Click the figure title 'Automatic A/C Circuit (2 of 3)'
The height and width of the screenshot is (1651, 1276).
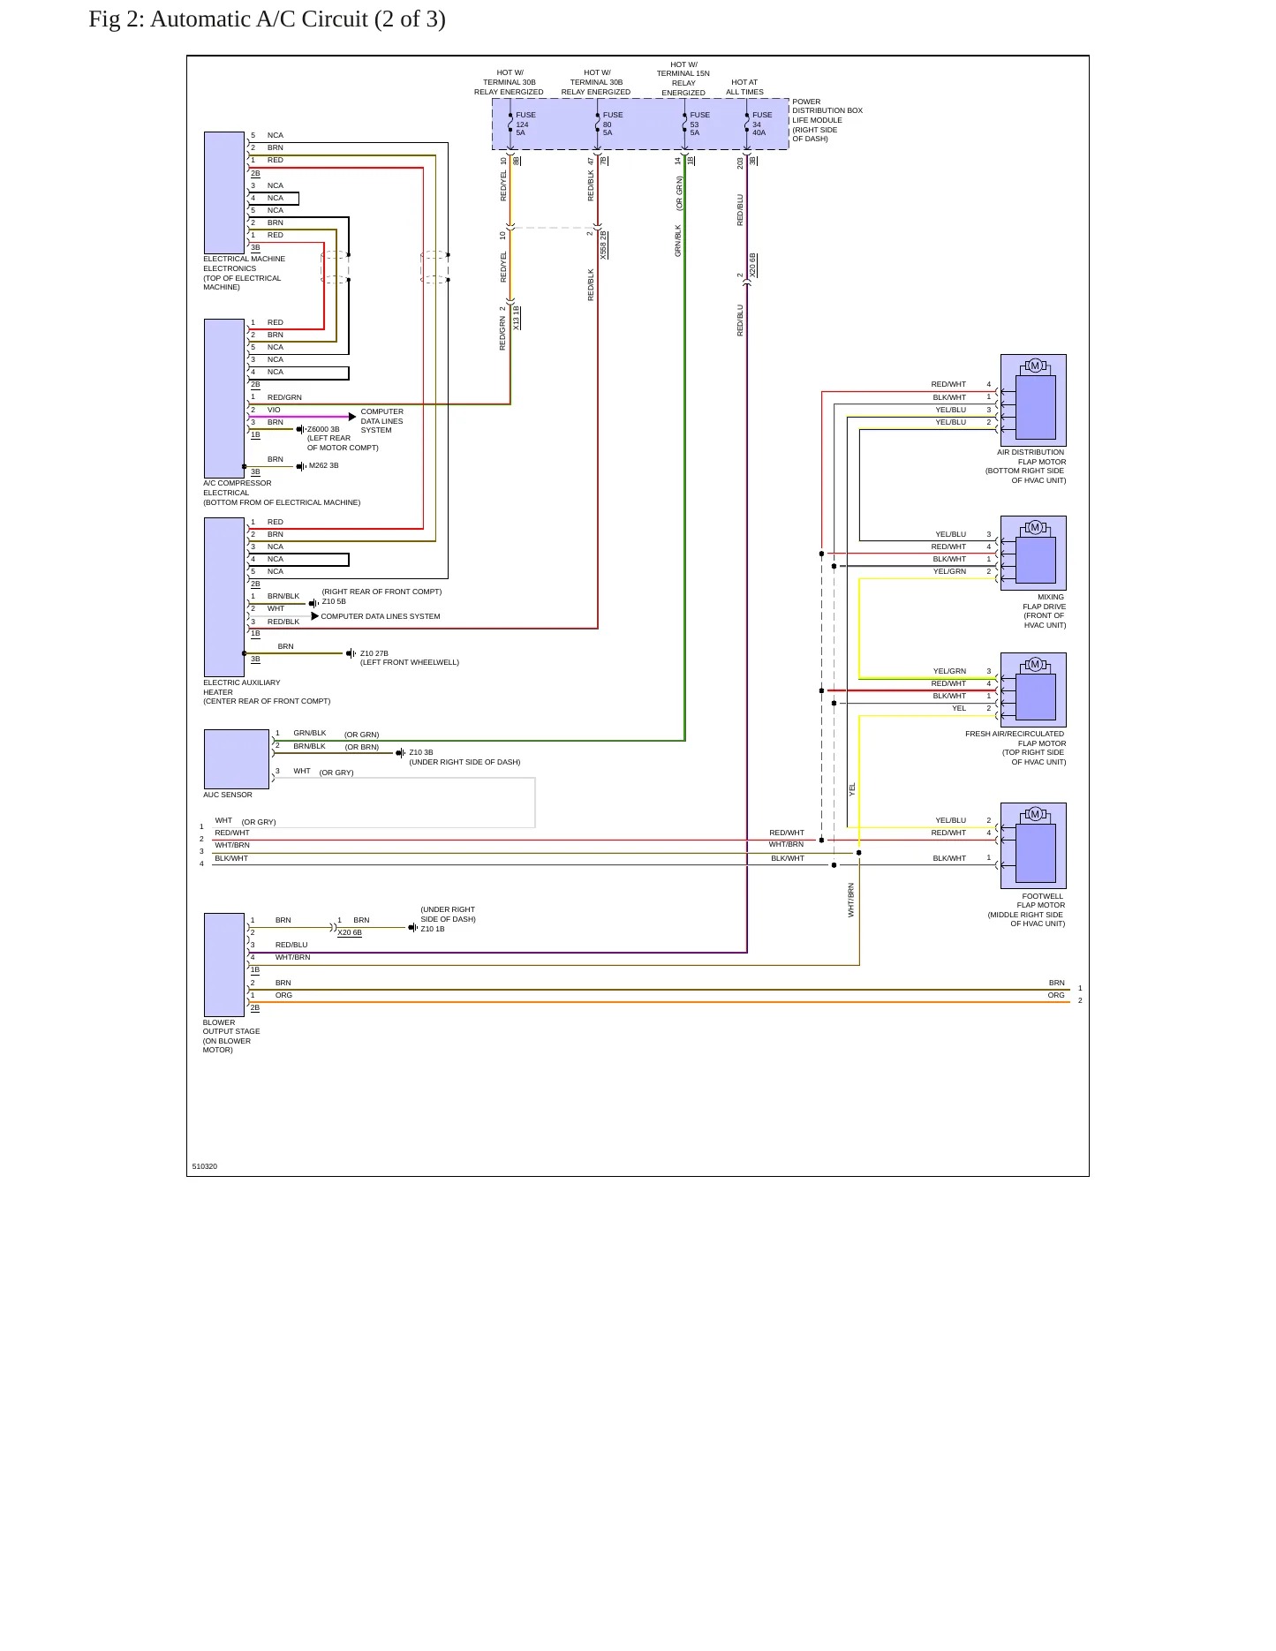click(x=298, y=19)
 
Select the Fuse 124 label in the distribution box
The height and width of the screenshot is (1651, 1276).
click(x=525, y=124)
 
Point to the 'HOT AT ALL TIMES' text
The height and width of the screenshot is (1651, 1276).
click(x=744, y=87)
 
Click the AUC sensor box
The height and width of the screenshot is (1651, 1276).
click(x=237, y=759)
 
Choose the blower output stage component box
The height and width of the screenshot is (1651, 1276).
click(x=224, y=965)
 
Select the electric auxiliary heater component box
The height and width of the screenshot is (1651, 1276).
click(x=224, y=597)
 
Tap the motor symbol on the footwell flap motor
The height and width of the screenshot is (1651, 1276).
click(x=1035, y=814)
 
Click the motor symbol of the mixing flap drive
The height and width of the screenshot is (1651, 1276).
click(x=1035, y=527)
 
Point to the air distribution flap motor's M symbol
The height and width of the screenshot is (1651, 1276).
click(x=1035, y=366)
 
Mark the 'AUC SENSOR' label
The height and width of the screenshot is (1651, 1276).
click(x=228, y=795)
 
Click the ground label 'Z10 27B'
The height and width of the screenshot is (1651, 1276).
click(x=374, y=653)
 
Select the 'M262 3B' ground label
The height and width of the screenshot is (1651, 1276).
click(x=324, y=465)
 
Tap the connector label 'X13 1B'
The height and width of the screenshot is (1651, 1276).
click(x=517, y=318)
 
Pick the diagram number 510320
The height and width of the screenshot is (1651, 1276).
click(x=205, y=1166)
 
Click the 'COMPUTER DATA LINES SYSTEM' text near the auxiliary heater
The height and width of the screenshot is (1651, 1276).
click(x=381, y=616)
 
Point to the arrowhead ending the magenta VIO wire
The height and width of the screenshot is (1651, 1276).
click(x=352, y=416)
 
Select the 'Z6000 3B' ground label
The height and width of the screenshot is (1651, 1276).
click(x=323, y=429)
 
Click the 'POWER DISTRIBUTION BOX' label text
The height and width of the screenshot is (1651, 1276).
click(x=827, y=106)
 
